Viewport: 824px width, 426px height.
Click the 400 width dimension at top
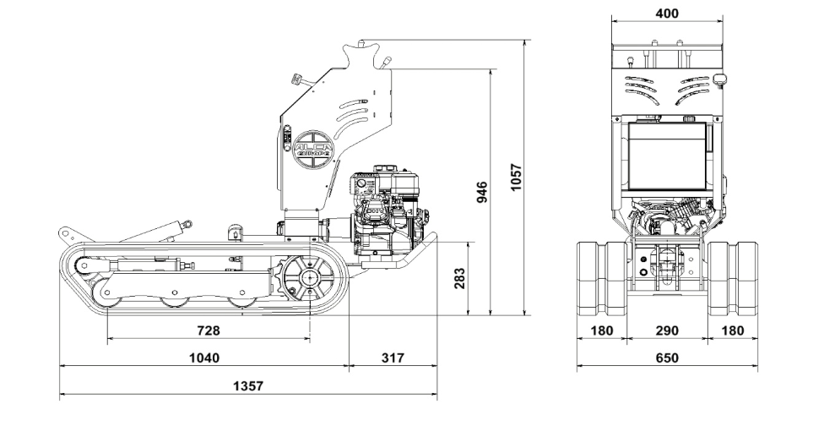tap(666, 14)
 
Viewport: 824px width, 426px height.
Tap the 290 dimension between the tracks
tap(667, 330)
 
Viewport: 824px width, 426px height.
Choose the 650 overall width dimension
tap(666, 358)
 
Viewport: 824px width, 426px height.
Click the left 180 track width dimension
tap(601, 330)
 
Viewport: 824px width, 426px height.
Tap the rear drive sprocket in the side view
tap(307, 278)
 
